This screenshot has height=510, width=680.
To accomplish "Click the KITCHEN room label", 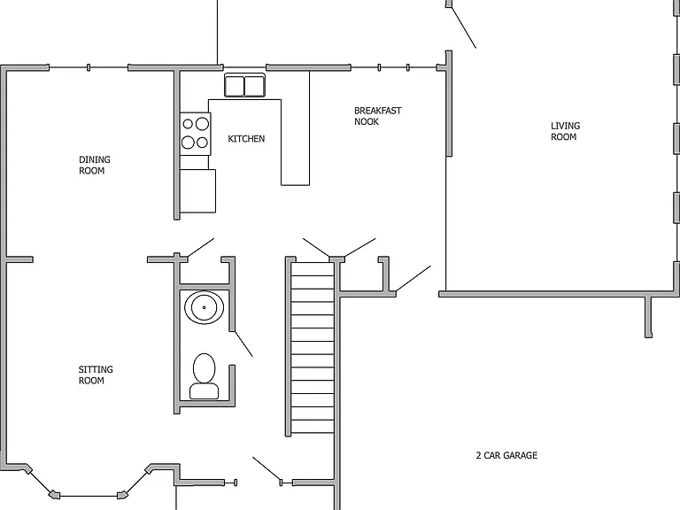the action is [x=246, y=139].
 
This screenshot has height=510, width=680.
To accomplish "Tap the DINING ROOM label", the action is [x=94, y=166].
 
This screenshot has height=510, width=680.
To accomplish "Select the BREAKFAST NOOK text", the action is [x=377, y=116].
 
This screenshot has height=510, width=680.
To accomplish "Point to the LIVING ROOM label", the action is [x=565, y=131].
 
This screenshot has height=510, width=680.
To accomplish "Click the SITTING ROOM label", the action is [x=96, y=375].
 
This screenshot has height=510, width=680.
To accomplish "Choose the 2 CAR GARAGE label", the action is [x=506, y=455].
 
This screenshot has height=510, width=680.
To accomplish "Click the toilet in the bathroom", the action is [x=204, y=376].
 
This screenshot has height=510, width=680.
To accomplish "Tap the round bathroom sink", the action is [x=204, y=307].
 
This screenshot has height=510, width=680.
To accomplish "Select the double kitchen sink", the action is [x=244, y=85].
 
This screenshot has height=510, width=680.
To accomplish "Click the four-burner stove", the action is [x=195, y=134].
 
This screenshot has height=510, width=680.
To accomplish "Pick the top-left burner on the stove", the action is [x=188, y=124].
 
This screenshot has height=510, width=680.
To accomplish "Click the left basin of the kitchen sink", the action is [x=235, y=86].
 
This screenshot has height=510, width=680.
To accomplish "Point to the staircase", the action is [x=313, y=347].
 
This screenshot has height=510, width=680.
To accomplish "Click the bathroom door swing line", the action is [x=243, y=344].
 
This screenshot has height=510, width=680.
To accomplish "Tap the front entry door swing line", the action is [x=267, y=468].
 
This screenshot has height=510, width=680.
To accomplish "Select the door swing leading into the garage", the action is [x=413, y=278].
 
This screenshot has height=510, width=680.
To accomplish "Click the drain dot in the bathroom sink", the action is [x=204, y=307].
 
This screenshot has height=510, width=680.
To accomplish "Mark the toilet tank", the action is [x=204, y=390].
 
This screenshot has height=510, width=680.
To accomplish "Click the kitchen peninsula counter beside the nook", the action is [x=296, y=128].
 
